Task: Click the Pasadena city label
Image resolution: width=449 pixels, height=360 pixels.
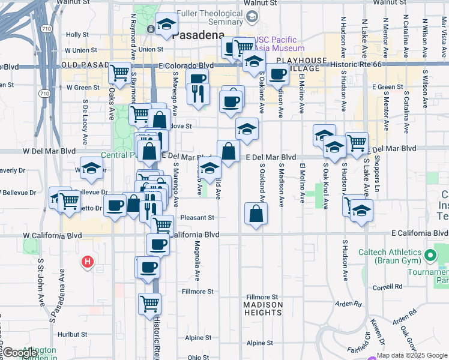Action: [x=198, y=35]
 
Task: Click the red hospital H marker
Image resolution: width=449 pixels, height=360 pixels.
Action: [x=88, y=262]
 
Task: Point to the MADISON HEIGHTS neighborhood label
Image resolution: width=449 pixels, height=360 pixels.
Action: [x=262, y=305]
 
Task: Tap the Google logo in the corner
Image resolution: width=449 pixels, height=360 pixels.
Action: [x=19, y=353]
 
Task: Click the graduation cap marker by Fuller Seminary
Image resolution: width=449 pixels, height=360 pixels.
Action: [x=166, y=25]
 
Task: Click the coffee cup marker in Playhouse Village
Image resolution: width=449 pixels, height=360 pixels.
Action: [x=278, y=74]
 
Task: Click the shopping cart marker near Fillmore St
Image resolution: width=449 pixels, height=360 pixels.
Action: [x=149, y=302]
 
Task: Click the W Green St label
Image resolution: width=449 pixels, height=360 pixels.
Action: [x=82, y=87]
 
